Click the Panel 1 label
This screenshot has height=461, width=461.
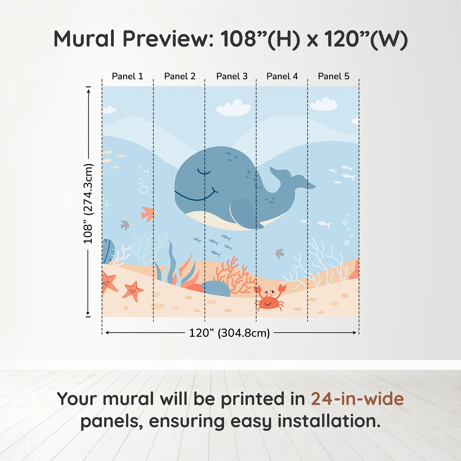127,76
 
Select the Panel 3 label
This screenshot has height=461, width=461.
231,76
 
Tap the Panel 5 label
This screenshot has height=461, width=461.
333,76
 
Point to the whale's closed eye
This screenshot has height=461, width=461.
203,172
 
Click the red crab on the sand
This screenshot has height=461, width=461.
269,298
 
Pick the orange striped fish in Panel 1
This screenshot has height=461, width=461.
148,214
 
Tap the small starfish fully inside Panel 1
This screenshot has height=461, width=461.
133,291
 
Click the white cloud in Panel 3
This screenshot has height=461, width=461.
234,108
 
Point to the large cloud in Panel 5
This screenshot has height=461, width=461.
323,104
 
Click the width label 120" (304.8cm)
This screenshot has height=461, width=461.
229,333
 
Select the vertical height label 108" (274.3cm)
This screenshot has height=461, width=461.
88,203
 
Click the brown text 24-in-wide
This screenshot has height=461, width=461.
357,399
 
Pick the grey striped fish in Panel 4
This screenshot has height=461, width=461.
279,253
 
